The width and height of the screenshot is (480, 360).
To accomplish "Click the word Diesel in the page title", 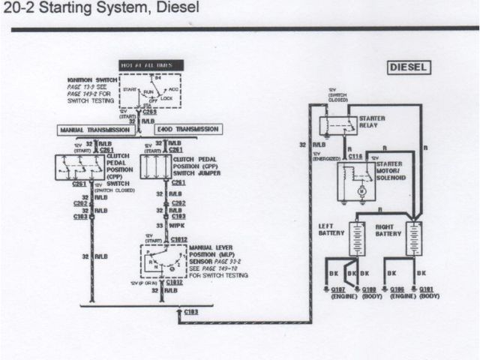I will (179, 9).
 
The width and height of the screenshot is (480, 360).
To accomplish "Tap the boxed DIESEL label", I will (409, 67).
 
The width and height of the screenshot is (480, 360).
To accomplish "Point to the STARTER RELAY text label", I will (373, 122).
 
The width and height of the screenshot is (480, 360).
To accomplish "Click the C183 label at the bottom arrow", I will (192, 310).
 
